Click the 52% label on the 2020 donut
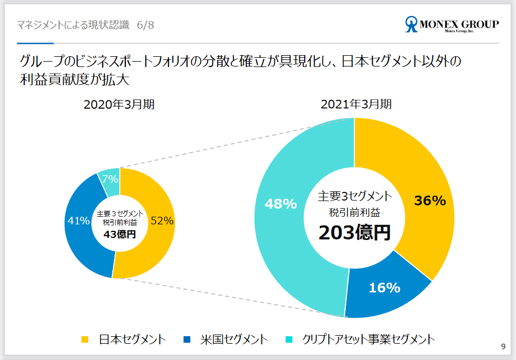click(x=162, y=221)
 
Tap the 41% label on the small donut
click(x=78, y=221)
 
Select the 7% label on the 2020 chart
click(x=110, y=179)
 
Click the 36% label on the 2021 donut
click(x=430, y=201)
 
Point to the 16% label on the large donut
click(x=384, y=288)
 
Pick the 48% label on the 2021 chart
click(x=280, y=204)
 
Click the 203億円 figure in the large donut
click(x=354, y=232)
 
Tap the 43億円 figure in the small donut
click(x=120, y=234)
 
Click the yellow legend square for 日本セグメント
click(x=85, y=339)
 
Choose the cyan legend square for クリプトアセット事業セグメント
click(x=289, y=339)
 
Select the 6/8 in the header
click(x=145, y=25)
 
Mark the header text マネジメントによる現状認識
click(x=73, y=25)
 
